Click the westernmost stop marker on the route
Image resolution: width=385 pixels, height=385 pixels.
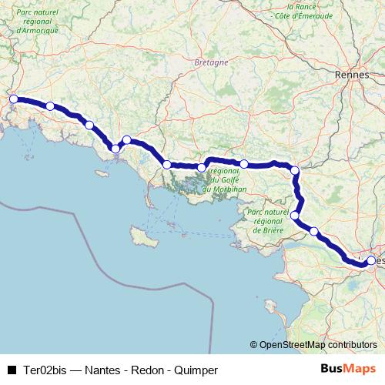pyautogui.click(x=13, y=99)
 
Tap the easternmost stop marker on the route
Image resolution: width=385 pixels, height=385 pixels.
pyautogui.click(x=371, y=261)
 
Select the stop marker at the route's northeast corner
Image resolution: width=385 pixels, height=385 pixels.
pyautogui.click(x=294, y=170)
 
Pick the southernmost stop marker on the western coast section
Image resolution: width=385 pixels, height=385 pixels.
pyautogui.click(x=115, y=149)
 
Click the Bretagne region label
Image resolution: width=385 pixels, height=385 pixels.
pyautogui.click(x=211, y=62)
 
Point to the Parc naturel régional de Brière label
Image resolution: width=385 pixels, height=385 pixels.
pyautogui.click(x=269, y=220)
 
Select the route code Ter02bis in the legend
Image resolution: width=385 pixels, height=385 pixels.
pyautogui.click(x=44, y=370)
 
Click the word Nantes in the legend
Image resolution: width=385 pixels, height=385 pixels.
pyautogui.click(x=103, y=370)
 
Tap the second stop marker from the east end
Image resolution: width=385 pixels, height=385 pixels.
pyautogui.click(x=314, y=230)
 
